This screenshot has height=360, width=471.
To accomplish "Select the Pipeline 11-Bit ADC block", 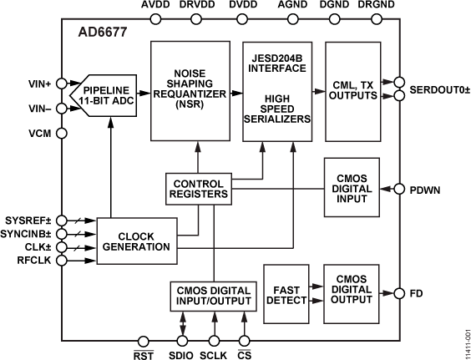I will (x=111, y=94).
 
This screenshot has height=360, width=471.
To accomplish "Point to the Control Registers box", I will (x=198, y=188).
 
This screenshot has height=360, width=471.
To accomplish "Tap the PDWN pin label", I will (x=425, y=189).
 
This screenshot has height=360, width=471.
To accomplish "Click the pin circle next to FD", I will (x=397, y=293).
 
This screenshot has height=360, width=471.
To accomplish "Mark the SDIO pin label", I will (x=180, y=353).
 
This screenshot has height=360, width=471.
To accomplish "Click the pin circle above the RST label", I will (x=144, y=339).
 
